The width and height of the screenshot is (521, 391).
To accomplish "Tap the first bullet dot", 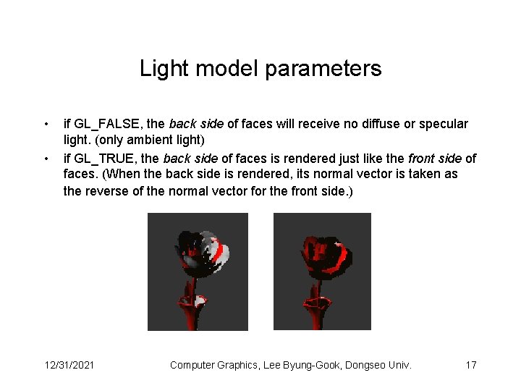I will click(x=46, y=124).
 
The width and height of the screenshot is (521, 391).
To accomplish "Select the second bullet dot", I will click(x=46, y=159).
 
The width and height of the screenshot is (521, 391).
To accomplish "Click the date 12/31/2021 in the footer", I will click(x=69, y=365).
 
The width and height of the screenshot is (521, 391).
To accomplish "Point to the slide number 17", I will click(x=470, y=365).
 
